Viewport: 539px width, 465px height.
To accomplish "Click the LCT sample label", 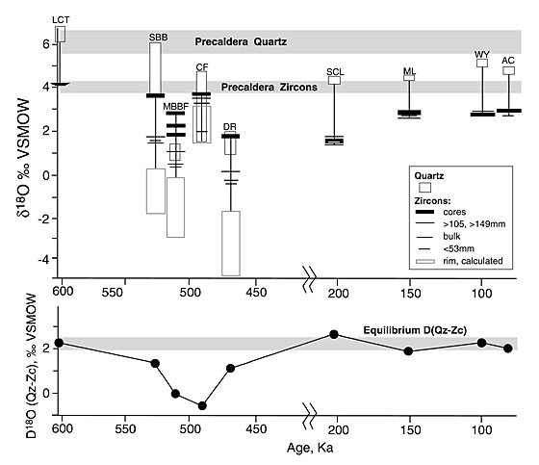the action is pos(61,20).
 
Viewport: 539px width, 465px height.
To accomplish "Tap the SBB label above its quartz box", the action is pos(159,38).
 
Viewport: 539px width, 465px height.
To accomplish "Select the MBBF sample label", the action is pos(175,106).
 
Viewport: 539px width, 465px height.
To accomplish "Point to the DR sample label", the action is pos(230,127).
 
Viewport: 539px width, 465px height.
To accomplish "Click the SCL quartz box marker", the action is pos(335,81).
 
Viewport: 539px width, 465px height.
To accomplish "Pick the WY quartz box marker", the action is pos(482,63).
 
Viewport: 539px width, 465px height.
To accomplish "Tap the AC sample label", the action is pos(508,61).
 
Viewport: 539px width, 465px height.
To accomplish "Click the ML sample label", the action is pos(409,71).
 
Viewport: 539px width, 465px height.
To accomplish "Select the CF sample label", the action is pos(202,67).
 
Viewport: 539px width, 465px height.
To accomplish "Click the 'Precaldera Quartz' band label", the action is pos(241,42).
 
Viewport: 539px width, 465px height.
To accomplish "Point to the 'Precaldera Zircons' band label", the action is pos(269,87).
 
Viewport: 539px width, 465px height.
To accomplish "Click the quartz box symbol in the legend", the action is pos(424,188).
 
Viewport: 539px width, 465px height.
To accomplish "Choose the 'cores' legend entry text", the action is pos(454,212).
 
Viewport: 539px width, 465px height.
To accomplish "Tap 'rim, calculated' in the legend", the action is pos(473,261).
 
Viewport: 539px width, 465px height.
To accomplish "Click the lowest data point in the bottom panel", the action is pos(202,406).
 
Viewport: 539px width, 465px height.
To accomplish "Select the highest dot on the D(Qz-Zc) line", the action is pos(334,334).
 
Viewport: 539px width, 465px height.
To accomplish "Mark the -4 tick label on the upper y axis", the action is pos(43,259).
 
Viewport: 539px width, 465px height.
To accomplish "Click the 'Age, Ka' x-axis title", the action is pos(310,448).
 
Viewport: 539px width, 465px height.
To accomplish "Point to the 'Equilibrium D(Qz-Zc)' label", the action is pos(415,330).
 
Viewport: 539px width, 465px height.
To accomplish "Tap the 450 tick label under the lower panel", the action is pos(256,428).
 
